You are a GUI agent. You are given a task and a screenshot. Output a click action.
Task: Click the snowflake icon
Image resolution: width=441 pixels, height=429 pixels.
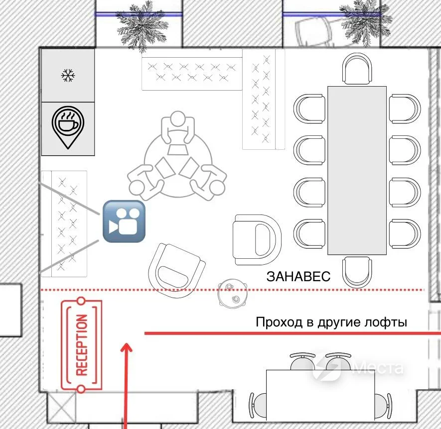(x=68, y=75)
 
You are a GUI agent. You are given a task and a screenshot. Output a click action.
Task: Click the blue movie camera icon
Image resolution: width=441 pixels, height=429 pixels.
(x=124, y=221)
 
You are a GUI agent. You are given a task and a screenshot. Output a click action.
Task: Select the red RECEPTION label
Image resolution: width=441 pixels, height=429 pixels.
(x=82, y=345)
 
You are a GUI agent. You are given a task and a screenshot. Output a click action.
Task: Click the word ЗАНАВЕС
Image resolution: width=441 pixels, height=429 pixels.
(x=298, y=276)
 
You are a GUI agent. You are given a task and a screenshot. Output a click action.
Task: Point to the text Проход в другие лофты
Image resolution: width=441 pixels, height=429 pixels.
(x=331, y=322)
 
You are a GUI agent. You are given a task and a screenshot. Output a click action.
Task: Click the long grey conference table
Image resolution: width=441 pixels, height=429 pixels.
(x=357, y=171)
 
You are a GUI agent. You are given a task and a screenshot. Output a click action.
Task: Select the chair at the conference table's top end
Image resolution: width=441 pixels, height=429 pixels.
(x=357, y=69)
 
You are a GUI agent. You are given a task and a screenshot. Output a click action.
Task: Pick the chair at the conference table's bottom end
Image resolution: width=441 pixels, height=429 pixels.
(x=357, y=272)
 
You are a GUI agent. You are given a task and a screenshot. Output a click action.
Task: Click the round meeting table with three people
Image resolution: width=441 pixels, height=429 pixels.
(x=177, y=164)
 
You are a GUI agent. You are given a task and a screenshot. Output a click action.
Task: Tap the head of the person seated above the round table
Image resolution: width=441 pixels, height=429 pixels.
(x=177, y=118)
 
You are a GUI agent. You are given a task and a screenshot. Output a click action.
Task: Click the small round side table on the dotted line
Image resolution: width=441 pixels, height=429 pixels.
(x=233, y=293)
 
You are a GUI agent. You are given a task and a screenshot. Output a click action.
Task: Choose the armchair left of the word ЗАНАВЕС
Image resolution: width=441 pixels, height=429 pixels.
(x=257, y=240)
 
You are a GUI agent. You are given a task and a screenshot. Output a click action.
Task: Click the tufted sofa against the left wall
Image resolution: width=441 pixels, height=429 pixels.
(x=64, y=223)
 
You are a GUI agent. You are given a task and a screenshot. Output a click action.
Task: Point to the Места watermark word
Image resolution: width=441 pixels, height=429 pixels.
(x=377, y=367)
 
